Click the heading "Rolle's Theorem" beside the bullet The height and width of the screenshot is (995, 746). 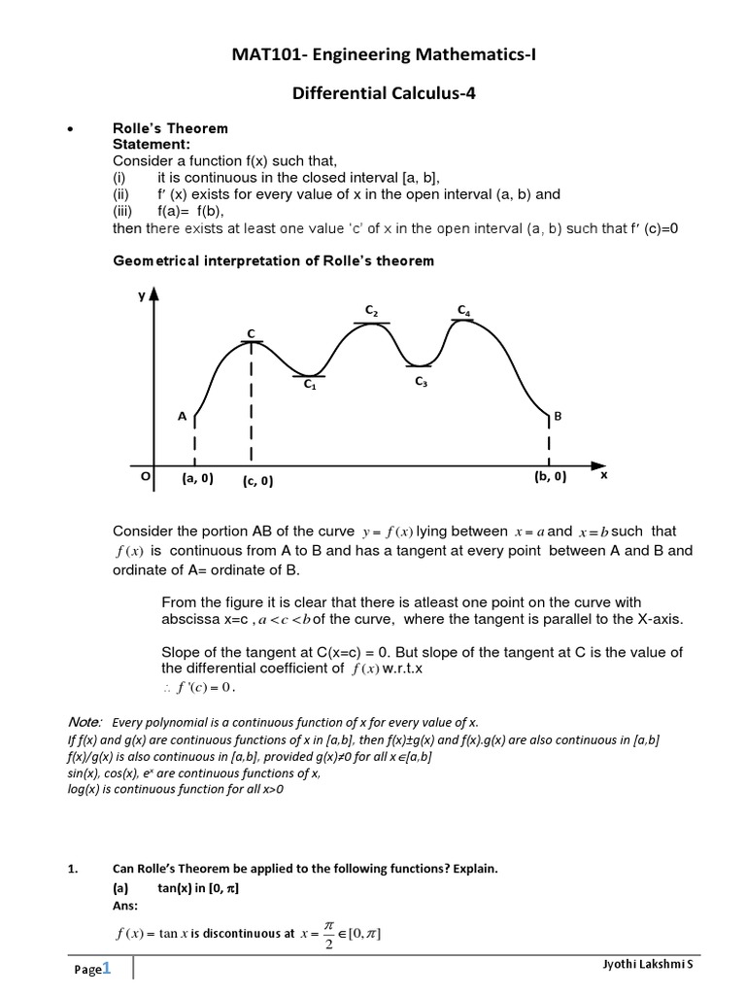coord(170,128)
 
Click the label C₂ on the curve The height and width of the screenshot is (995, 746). coord(371,310)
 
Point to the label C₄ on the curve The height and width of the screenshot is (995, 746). coord(464,310)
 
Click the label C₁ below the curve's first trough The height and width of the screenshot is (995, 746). coord(310,385)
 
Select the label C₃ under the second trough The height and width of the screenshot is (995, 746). coord(421,382)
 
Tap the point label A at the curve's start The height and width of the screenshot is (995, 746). coord(181,416)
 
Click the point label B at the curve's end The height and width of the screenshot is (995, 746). coord(558,416)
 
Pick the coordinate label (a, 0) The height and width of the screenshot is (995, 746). coord(197,477)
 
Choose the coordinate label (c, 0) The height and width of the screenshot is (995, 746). coord(257,480)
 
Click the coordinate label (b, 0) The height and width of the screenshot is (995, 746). coord(550,477)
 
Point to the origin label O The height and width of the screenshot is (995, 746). coord(145,477)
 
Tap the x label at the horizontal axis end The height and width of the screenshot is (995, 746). coord(603,476)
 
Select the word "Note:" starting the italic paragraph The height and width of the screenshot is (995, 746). coord(85,722)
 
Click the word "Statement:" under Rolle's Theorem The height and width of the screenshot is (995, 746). coord(152,144)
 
